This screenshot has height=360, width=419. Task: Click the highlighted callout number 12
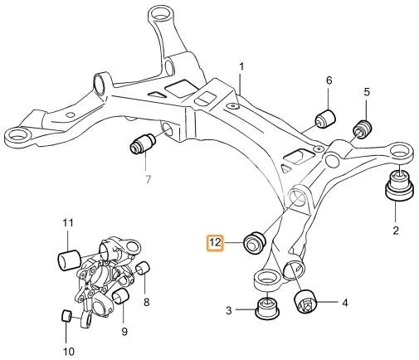click(216, 243)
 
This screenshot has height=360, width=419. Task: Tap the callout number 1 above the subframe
click(241, 66)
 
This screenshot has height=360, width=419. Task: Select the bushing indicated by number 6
click(325, 119)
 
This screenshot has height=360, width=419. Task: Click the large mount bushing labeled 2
click(400, 185)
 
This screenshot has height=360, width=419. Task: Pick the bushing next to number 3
click(267, 309)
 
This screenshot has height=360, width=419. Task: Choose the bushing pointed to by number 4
click(305, 301)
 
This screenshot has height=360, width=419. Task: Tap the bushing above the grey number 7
click(143, 144)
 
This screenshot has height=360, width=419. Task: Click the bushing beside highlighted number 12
click(255, 242)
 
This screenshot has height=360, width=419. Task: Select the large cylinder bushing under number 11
click(69, 260)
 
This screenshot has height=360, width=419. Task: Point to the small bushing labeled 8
click(144, 268)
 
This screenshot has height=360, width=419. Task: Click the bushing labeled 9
click(120, 296)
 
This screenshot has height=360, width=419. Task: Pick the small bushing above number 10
click(66, 316)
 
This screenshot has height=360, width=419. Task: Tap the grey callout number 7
click(148, 180)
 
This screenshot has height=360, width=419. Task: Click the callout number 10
click(69, 352)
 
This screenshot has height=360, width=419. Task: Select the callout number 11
click(68, 223)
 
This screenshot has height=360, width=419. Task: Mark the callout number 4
click(344, 303)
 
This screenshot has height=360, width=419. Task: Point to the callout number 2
click(396, 231)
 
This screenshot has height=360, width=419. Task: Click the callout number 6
click(329, 80)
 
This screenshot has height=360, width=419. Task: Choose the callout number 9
click(124, 331)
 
